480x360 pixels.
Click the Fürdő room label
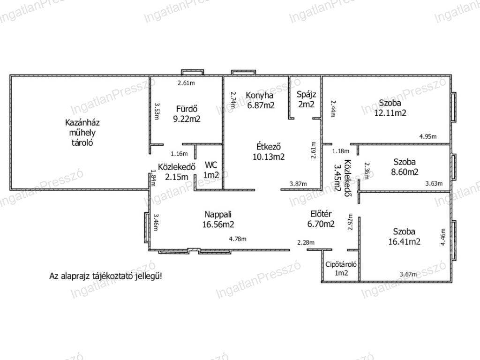pos(187,109)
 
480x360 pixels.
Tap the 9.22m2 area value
pos(187,119)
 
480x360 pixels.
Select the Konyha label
pos(260,95)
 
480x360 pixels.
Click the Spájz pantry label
pos(306,95)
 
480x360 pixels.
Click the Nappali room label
pos(218,214)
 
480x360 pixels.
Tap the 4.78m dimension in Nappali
pos(238,239)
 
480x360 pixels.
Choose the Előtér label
pos(321,214)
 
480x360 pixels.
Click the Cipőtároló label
pos(341,264)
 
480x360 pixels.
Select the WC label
pos(211,165)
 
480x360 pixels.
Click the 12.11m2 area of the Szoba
pos(390,113)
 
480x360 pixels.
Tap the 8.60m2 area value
pos(405,172)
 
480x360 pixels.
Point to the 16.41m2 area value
pos(405,242)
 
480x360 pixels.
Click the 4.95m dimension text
pos(428,136)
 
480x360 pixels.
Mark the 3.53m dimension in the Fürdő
pos(157,111)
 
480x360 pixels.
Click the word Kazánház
pos(82,123)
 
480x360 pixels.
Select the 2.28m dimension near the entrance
pos(306,243)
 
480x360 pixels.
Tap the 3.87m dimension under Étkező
pos(298,184)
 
